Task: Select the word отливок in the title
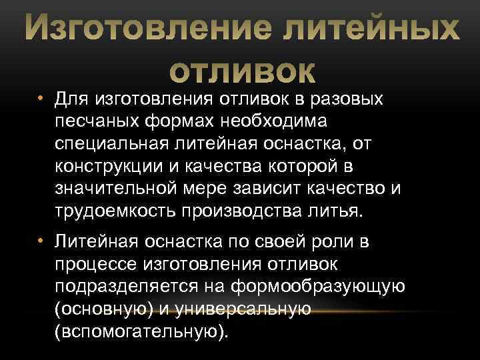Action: click(x=240, y=70)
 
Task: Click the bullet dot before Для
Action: click(x=41, y=99)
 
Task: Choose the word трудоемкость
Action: click(x=111, y=211)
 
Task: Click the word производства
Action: click(x=245, y=211)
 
